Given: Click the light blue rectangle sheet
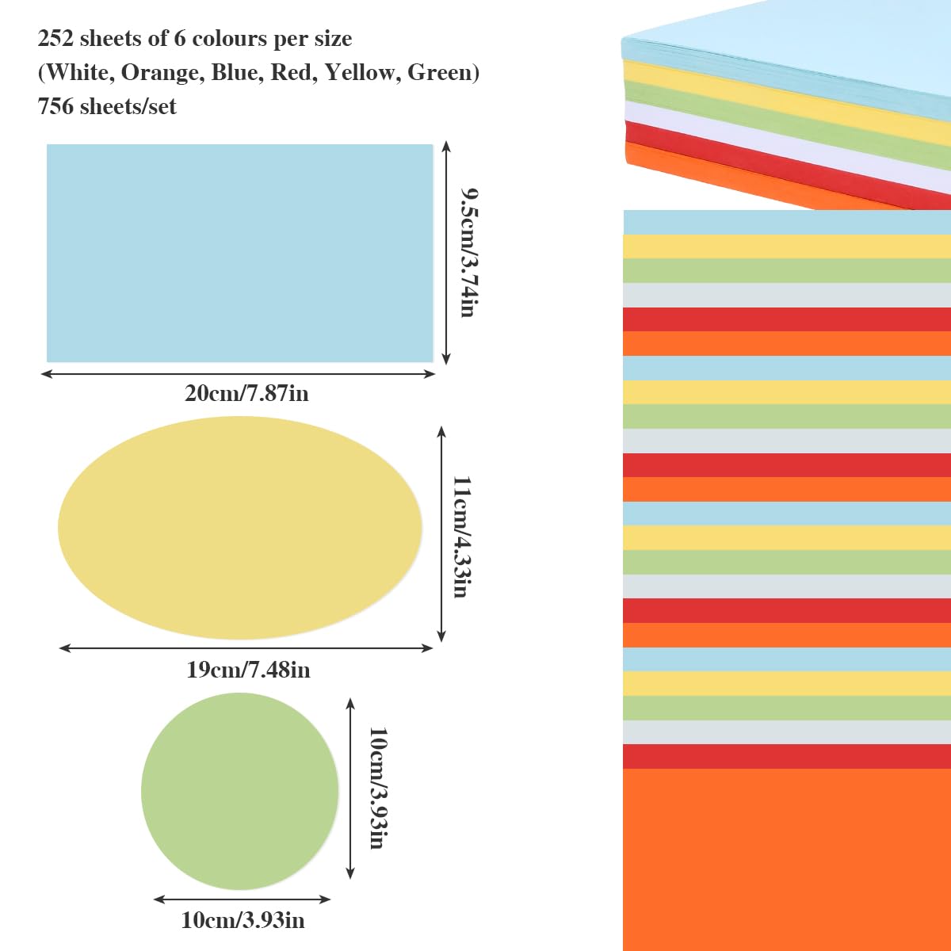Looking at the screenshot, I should (x=239, y=253).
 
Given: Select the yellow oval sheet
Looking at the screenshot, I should (x=240, y=528).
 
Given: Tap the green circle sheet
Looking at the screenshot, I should (x=240, y=791).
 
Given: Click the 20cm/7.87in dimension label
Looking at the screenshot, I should (x=246, y=393).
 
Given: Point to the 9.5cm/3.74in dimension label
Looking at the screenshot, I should (x=470, y=252).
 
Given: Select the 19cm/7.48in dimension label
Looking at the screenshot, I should (x=248, y=670).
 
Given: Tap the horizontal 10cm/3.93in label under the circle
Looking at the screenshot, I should (x=243, y=920).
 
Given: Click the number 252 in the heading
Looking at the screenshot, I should (x=55, y=39).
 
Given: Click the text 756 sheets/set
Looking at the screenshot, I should (x=107, y=106).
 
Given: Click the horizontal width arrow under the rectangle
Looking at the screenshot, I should (x=239, y=373).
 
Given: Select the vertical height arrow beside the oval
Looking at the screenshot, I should (x=441, y=533).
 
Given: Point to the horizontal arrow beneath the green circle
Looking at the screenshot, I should (x=242, y=899).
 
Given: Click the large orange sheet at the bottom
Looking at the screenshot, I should (x=787, y=860).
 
